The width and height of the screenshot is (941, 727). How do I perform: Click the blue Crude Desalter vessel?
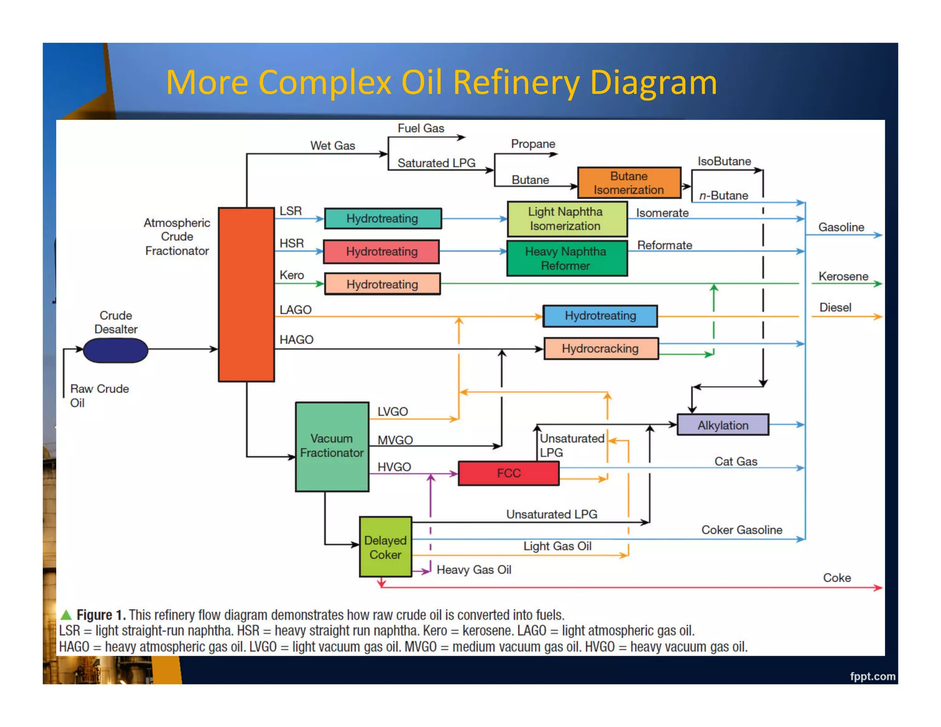(115, 350)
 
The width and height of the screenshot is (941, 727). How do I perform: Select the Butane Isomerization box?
(629, 183)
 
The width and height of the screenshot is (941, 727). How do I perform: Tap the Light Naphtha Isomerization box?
(567, 219)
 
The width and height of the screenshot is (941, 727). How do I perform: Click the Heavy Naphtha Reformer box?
(567, 258)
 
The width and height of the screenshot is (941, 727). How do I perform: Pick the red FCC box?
(509, 473)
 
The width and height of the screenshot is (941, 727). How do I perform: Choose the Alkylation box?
(722, 425)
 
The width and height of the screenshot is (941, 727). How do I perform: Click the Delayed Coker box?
(385, 547)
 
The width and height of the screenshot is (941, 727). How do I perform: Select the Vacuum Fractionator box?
(332, 446)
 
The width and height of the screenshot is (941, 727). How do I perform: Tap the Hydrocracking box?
(600, 348)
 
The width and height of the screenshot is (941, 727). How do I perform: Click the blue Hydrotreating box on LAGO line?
(600, 316)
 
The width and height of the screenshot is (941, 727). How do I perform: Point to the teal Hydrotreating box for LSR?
(382, 218)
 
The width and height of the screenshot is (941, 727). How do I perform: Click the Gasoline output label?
(841, 227)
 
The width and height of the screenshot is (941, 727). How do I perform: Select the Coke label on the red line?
(836, 578)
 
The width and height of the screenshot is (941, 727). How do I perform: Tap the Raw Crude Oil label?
(99, 395)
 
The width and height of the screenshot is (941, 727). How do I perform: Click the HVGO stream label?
(394, 467)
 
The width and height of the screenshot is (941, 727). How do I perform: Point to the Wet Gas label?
(333, 146)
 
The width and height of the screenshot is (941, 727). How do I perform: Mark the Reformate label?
(664, 245)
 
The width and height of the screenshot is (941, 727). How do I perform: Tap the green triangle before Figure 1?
(66, 614)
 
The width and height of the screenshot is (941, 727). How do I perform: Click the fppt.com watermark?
(872, 676)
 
